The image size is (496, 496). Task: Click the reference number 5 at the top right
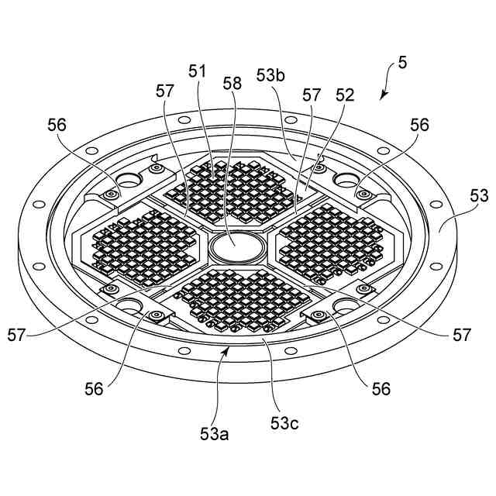click(x=402, y=63)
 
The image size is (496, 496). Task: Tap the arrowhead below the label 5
click(x=383, y=97)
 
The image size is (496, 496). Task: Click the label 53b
click(x=272, y=75)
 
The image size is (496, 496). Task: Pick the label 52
click(x=344, y=95)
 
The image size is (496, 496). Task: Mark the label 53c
click(x=285, y=423)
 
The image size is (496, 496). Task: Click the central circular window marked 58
click(x=238, y=248)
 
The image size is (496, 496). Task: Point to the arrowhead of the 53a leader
click(x=226, y=351)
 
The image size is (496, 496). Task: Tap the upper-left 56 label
click(x=57, y=124)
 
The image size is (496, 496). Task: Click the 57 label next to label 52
click(x=311, y=95)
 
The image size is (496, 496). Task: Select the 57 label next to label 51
click(x=164, y=91)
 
